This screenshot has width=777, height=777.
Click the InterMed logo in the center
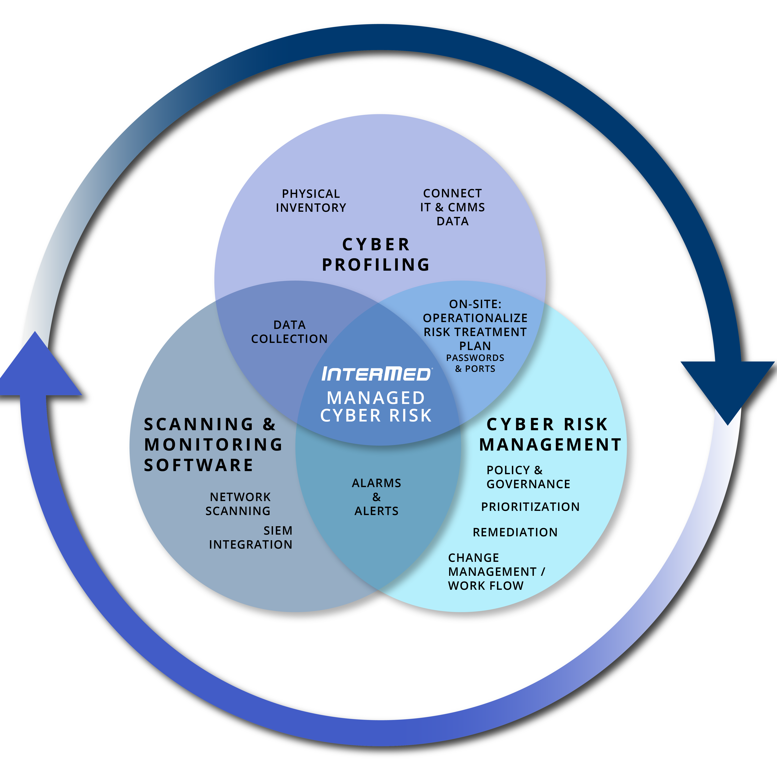(376, 374)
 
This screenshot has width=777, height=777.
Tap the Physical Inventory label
(311, 201)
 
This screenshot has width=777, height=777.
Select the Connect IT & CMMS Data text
(452, 207)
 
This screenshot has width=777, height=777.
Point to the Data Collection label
(289, 332)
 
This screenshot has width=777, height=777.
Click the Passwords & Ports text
(475, 363)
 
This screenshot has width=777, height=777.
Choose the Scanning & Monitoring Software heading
(213, 444)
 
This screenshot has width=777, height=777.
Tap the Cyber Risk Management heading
(550, 434)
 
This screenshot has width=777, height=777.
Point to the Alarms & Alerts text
(376, 497)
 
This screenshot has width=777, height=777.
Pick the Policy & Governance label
(528, 477)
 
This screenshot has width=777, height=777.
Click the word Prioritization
(530, 507)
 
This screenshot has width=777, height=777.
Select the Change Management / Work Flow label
(496, 571)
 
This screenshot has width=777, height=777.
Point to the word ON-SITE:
(475, 304)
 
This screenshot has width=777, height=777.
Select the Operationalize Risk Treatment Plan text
(475, 332)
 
